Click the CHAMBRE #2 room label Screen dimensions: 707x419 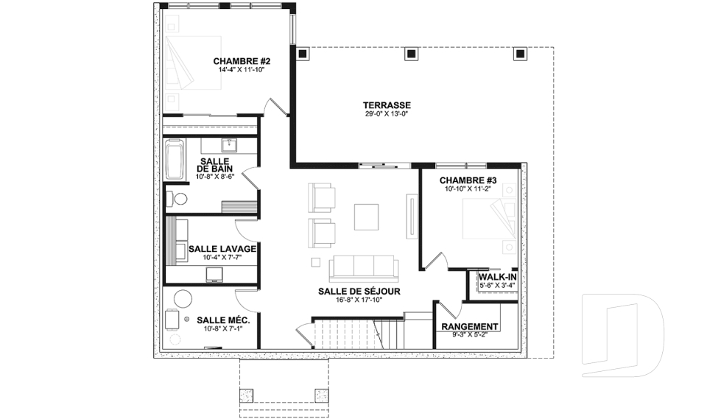(242, 61)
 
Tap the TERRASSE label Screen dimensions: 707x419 (387, 105)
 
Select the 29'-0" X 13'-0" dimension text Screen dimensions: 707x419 (387, 114)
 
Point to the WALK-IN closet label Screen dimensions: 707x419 (497, 277)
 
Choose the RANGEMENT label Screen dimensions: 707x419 (470, 326)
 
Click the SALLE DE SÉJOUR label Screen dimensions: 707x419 (359, 292)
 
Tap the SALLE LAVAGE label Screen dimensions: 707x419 (222, 249)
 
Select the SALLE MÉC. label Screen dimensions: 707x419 (223, 320)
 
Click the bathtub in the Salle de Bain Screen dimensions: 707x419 (175, 160)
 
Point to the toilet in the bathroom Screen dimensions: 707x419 (177, 198)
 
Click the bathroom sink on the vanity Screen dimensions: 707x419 (230, 145)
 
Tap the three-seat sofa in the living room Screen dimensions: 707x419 (364, 267)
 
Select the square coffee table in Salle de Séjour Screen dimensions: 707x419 (366, 217)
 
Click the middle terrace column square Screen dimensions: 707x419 (411, 54)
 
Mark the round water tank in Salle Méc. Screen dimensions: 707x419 (183, 298)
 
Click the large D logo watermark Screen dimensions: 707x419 (623, 335)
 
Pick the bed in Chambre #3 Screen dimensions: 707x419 (489, 219)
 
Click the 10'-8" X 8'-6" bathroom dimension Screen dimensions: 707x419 (215, 177)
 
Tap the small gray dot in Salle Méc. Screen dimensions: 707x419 (186, 320)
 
